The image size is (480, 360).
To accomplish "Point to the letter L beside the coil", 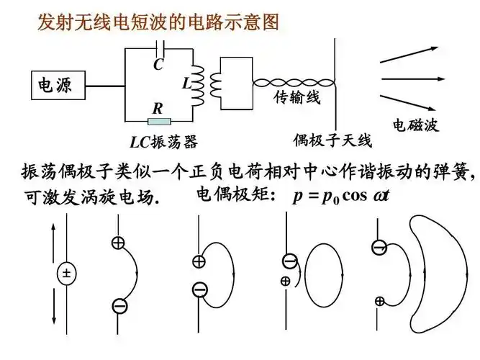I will tap(186, 84).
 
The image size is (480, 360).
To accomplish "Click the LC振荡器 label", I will tap(163, 141).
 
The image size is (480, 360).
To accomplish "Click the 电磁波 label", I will tap(415, 125).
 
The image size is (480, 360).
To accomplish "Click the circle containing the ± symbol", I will tap(66, 273).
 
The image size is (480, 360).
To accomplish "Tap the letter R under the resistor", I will tap(157, 108).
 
